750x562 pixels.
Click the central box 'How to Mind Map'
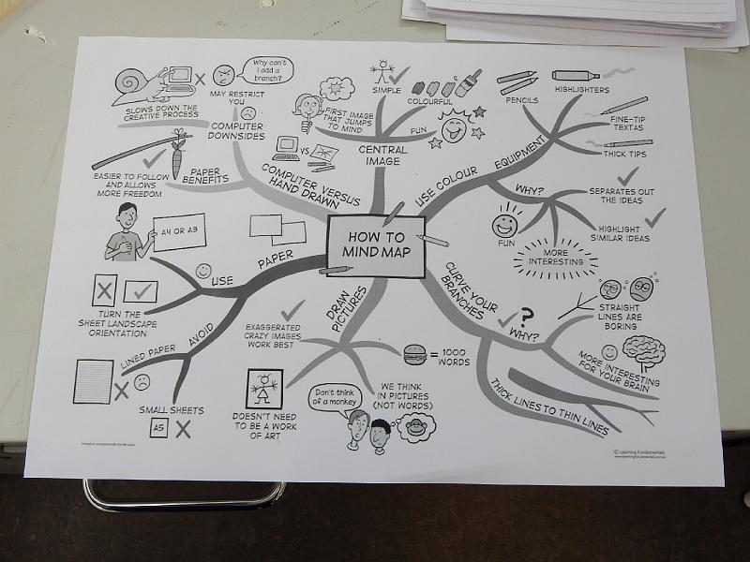(x=374, y=245)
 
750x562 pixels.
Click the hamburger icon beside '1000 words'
(x=413, y=354)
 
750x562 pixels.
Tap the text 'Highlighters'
(x=581, y=91)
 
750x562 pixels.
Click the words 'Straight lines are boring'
(x=620, y=316)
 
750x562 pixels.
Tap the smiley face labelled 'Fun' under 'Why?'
(x=505, y=226)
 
